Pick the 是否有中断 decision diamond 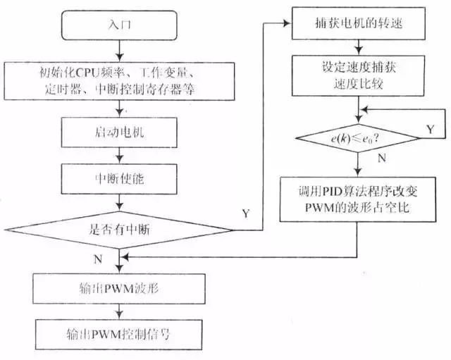click(x=122, y=229)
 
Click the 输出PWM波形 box click(x=122, y=290)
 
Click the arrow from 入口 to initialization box click(x=122, y=51)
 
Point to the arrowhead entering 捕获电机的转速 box click(x=288, y=24)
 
